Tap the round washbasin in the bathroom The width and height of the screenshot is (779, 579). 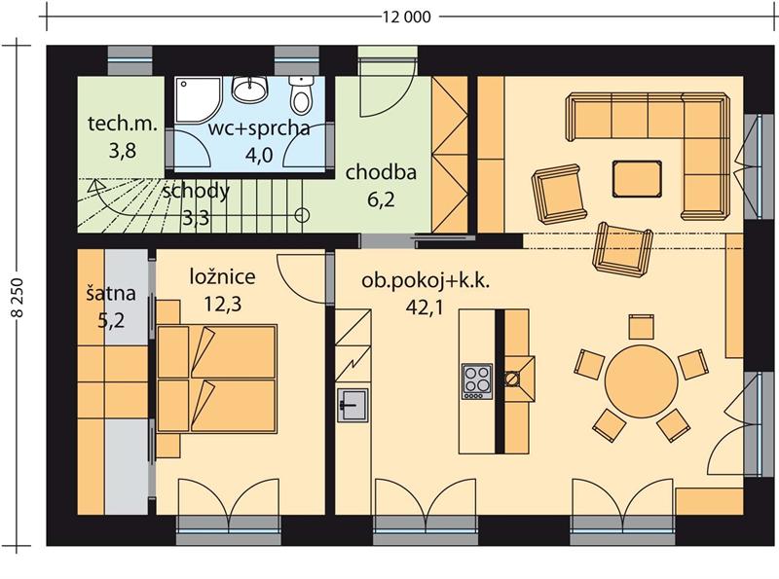pos(250,90)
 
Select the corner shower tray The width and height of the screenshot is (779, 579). pos(198,99)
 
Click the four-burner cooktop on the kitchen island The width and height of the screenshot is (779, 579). pos(477,381)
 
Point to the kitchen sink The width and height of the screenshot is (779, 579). pos(352,405)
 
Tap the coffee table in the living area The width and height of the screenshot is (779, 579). pos(637,178)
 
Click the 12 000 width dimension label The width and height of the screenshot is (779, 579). pos(406,18)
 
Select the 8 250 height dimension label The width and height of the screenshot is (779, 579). pos(18,297)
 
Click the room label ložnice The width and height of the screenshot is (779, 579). pos(223,276)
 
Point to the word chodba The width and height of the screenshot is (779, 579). pos(381,172)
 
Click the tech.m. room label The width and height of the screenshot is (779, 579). pos(123,124)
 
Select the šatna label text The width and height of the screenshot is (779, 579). pos(111,293)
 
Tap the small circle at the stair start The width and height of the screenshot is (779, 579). pos(302,215)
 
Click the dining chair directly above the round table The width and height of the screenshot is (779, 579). pos(642,327)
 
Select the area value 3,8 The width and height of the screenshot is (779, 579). pos(123,151)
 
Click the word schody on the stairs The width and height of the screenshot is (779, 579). pos(197,191)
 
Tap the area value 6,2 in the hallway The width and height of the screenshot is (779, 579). pos(381,199)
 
